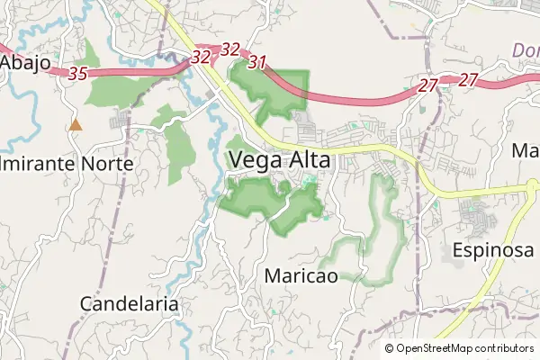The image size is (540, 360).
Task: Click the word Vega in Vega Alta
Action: tap(256, 160)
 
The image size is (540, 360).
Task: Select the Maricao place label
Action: tap(301, 275)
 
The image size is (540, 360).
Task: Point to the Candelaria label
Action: tap(130, 303)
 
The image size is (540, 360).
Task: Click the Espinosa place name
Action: tap(493, 249)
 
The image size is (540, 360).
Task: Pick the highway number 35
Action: tap(77, 75)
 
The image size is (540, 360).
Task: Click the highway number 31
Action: tap(258, 62)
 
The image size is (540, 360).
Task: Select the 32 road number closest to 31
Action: tap(230, 49)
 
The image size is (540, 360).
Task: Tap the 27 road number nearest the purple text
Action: tap(468, 80)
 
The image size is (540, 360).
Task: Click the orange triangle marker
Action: tap(76, 124)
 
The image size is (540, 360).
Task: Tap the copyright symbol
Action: tap(389, 348)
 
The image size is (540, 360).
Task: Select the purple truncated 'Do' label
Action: tap(526, 50)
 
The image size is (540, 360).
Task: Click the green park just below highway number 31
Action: tap(270, 90)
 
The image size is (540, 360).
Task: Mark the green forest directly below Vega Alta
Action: tap(270, 202)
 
